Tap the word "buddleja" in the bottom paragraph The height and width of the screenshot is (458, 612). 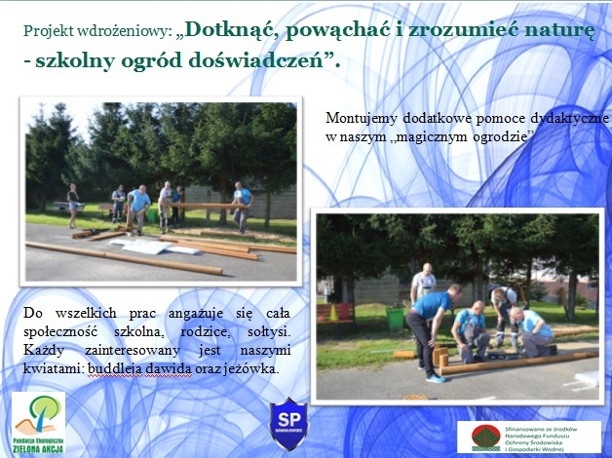click(x=120, y=370)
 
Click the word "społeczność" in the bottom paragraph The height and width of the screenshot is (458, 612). click(x=65, y=332)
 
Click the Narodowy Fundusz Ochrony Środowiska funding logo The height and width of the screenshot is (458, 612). click(x=528, y=433)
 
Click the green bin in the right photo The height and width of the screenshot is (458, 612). click(x=395, y=319)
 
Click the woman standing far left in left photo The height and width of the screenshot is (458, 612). click(x=73, y=206)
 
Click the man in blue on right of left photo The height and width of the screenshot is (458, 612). click(x=241, y=206)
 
